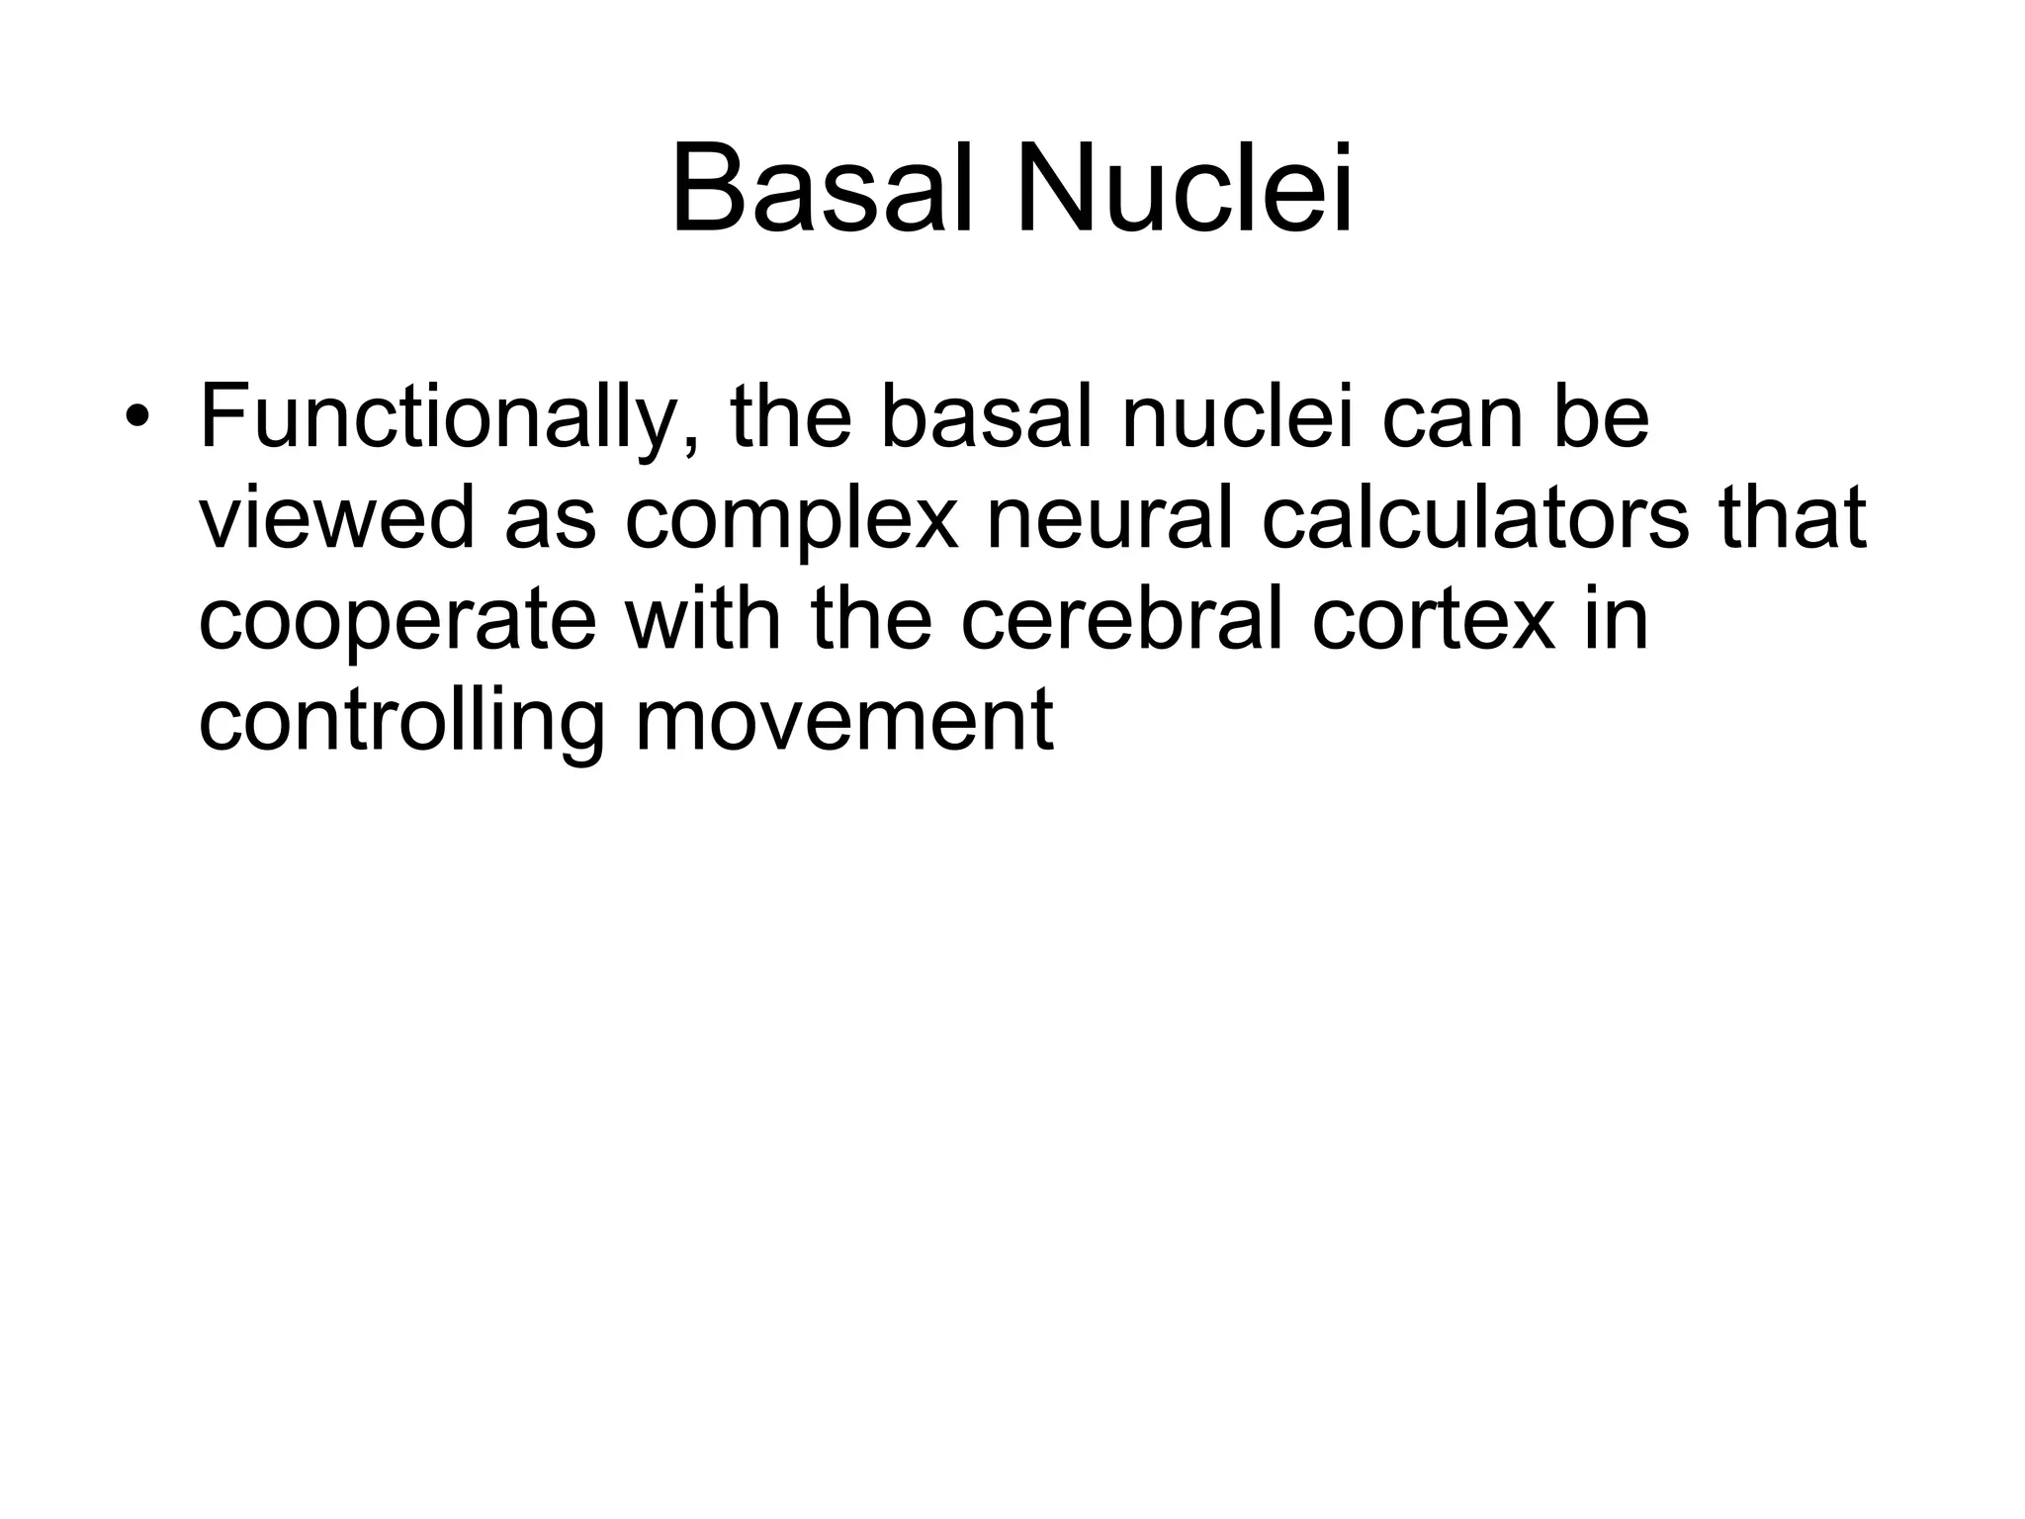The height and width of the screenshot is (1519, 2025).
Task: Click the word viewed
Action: click(x=336, y=517)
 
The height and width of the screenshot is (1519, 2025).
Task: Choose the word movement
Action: click(x=843, y=722)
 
